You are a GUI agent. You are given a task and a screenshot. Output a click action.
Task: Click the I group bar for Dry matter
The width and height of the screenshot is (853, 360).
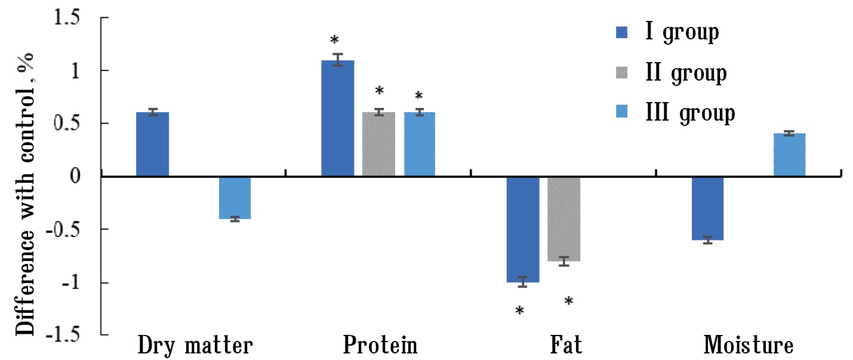point(152,144)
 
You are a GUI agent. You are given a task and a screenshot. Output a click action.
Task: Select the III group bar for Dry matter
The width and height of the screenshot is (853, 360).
point(235,198)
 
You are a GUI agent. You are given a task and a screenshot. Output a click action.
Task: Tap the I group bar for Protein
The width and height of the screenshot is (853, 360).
point(337,118)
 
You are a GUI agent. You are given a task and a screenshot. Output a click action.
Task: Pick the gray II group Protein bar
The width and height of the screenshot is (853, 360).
point(378,144)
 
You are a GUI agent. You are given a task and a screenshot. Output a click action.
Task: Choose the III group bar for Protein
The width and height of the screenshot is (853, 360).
point(420,144)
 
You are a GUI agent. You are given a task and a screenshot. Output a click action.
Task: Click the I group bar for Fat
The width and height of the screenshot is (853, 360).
point(522,229)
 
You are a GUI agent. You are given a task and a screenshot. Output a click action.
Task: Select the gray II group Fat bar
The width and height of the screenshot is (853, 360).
point(563,219)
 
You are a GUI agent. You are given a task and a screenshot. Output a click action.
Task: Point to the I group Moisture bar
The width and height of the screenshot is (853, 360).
point(707,208)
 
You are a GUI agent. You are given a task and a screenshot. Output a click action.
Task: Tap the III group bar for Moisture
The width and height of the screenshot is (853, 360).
point(789,155)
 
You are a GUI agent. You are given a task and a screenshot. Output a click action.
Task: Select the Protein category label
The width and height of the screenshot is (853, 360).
point(380,346)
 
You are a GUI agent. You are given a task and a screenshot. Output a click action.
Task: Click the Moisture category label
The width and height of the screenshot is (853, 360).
point(749,346)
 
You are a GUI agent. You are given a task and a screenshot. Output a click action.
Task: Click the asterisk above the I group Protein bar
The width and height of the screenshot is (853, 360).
point(334,41)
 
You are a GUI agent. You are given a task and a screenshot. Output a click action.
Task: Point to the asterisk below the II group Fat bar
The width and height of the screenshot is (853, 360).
point(568,301)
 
